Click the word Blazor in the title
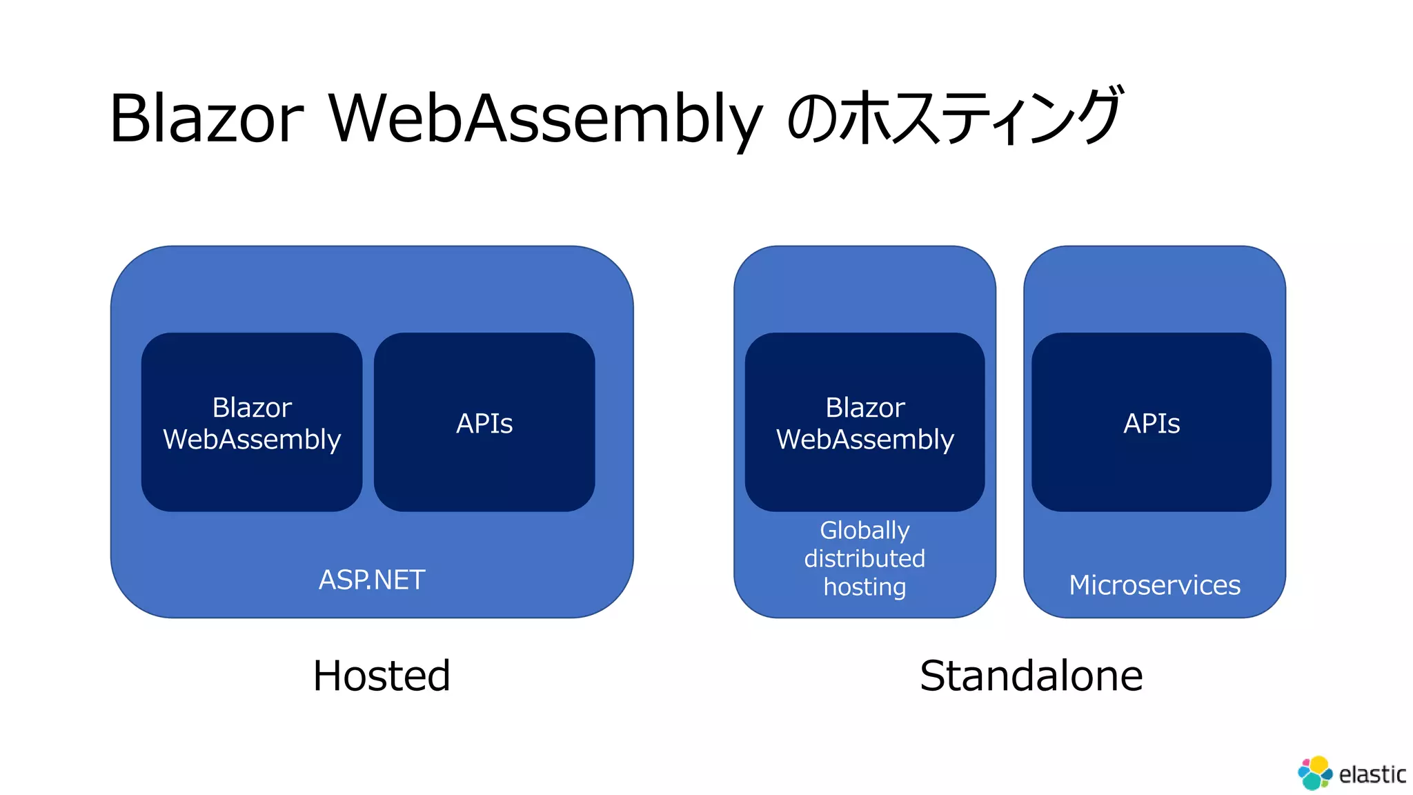pos(206,118)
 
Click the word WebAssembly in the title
pos(545,118)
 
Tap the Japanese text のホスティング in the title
pos(956,116)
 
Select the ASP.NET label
pos(372,580)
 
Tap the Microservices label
pos(1154,585)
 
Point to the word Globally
pos(864,530)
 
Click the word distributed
pos(864,558)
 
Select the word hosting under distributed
pos(864,587)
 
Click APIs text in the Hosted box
pos(484,423)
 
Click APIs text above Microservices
pos(1152,423)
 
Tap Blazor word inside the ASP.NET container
pos(252,407)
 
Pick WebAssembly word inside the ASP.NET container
pos(252,440)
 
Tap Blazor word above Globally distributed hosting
pos(865,407)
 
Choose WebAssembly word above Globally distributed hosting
pos(865,440)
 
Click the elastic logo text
pos(1372,774)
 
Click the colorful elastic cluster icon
pos(1315,773)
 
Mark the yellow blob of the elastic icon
pos(1319,764)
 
